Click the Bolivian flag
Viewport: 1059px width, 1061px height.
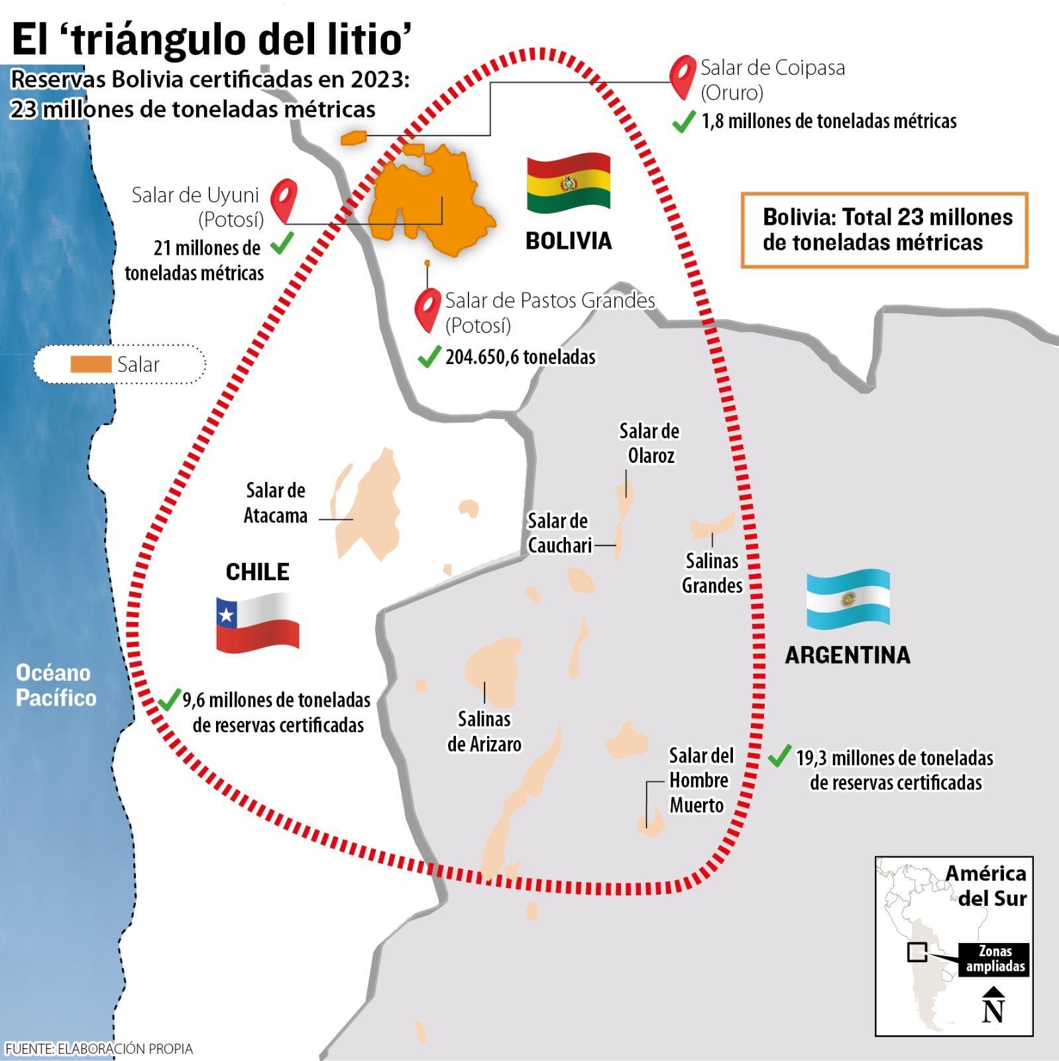click(568, 183)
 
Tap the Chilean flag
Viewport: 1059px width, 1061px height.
click(257, 623)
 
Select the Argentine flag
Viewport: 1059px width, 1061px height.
click(848, 599)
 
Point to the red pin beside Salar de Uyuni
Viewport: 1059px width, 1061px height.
click(284, 199)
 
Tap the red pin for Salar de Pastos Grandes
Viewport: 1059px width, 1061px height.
click(427, 308)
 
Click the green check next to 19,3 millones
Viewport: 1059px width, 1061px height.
click(780, 756)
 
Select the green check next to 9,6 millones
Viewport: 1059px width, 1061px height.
click(169, 699)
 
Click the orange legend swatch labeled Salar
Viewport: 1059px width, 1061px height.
click(91, 364)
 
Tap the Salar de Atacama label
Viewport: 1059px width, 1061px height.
click(276, 503)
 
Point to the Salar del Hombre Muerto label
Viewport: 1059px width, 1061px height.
click(700, 780)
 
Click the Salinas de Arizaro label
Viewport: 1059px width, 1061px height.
click(484, 731)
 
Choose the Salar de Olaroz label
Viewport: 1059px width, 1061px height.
click(649, 443)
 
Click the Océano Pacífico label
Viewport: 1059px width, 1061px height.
click(56, 685)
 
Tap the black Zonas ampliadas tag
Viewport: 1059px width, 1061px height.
click(994, 959)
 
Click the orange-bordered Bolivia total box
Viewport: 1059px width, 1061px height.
click(884, 230)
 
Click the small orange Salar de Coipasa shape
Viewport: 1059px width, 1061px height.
click(353, 138)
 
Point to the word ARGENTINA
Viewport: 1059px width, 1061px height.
click(848, 655)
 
